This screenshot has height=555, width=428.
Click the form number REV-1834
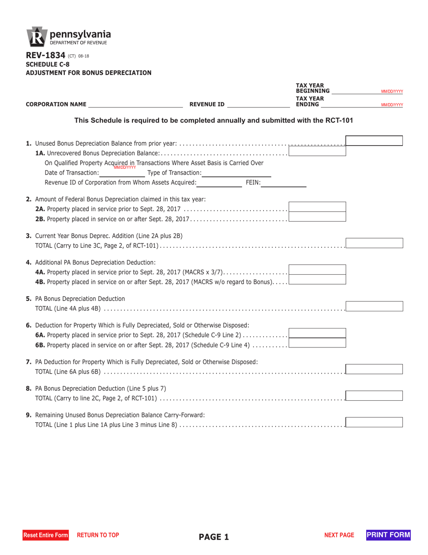(46, 56)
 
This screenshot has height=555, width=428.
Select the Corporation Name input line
(136, 104)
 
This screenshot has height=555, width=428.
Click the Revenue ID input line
(259, 104)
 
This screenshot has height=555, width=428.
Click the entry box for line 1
(374, 141)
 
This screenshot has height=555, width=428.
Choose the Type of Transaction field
(237, 173)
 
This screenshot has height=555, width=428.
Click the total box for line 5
(374, 306)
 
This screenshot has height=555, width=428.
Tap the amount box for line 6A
(317, 333)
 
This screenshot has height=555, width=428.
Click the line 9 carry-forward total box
(374, 422)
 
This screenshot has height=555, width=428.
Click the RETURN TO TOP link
(98, 535)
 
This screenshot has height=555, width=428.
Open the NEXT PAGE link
(339, 535)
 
